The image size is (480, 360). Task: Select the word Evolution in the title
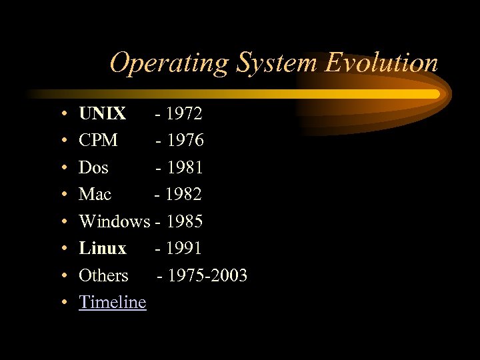coord(381,63)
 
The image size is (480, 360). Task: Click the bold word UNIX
coord(102,114)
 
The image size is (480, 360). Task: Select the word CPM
coord(98,141)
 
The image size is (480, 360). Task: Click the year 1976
coord(185,141)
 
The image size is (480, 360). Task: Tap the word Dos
coord(93,167)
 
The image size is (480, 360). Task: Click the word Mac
coord(95,194)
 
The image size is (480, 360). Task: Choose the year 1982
coord(183,194)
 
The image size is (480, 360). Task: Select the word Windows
coord(114,221)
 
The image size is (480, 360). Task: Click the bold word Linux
coord(102,248)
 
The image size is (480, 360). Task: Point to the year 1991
coord(183,248)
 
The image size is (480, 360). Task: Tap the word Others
coord(103,275)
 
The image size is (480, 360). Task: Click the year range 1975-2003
coord(207,275)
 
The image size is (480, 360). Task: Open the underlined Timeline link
coord(112,302)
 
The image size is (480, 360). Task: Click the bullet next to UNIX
coord(61,115)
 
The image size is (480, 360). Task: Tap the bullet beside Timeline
coord(61,303)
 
